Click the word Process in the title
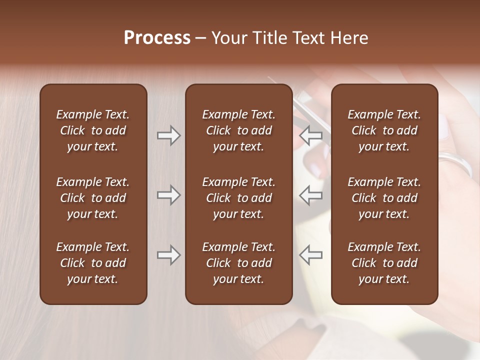click(157, 37)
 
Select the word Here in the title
click(348, 38)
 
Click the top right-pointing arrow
click(168, 135)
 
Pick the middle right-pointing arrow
click(168, 195)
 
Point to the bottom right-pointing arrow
click(168, 255)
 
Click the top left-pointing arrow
click(311, 135)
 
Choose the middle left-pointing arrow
click(311, 195)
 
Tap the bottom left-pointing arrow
click(311, 255)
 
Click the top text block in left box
click(93, 130)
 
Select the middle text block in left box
click(93, 198)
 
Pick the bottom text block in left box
click(93, 263)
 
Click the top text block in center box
click(238, 130)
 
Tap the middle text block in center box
click(238, 198)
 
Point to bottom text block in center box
click(238, 263)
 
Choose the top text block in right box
click(384, 130)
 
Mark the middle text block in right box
click(384, 198)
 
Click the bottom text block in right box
click(384, 263)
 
